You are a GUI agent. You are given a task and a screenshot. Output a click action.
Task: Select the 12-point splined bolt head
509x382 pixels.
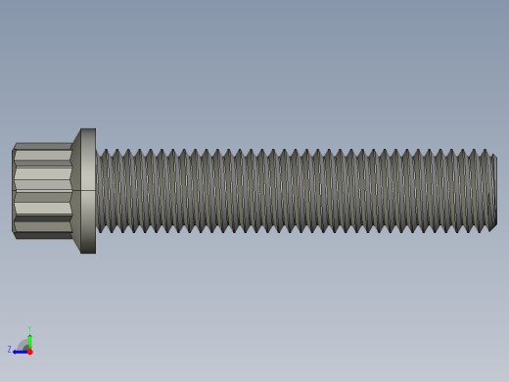(43, 191)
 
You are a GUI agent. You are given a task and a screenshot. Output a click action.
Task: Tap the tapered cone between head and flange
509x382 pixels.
(75, 191)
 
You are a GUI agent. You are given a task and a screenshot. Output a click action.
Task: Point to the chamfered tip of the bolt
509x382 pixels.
(492, 191)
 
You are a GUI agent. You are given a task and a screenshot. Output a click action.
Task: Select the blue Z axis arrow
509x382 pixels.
(19, 351)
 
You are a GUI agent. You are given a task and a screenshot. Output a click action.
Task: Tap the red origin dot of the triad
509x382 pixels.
(29, 351)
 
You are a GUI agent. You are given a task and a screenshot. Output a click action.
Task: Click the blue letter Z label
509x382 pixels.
(10, 350)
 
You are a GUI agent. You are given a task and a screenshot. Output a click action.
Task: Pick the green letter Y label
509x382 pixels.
(29, 329)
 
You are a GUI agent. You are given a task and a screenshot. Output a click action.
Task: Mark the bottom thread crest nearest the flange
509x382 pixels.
(102, 231)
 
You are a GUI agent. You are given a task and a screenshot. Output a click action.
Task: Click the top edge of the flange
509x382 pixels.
(88, 129)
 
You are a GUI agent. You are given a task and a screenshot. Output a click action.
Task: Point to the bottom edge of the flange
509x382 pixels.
(88, 253)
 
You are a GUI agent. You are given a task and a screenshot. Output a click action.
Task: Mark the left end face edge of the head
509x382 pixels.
(13, 191)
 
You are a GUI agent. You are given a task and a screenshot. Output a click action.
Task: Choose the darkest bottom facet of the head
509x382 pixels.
(43, 235)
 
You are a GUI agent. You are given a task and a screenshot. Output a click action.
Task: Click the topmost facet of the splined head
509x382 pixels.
(43, 146)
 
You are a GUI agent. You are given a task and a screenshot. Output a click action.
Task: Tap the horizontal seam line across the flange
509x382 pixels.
(88, 190)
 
